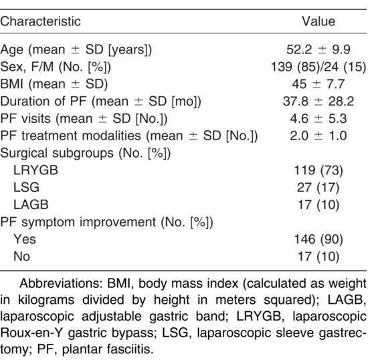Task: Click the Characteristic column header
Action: [40, 21]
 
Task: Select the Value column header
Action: [318, 21]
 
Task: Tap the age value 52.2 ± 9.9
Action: [318, 49]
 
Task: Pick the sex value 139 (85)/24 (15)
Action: [318, 67]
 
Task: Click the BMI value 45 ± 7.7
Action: [318, 84]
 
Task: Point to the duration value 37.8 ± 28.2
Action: [318, 102]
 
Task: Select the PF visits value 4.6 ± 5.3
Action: [318, 118]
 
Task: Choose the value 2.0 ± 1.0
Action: [318, 136]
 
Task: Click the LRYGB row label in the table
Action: [35, 170]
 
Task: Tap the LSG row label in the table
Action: [26, 188]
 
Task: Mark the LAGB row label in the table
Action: [31, 204]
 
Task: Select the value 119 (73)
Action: [318, 170]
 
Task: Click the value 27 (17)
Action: [318, 188]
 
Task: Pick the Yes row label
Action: [25, 239]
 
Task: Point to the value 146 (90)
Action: [318, 239]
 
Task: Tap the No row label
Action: [21, 256]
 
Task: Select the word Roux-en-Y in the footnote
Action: [31, 333]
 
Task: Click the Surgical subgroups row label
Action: [86, 154]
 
